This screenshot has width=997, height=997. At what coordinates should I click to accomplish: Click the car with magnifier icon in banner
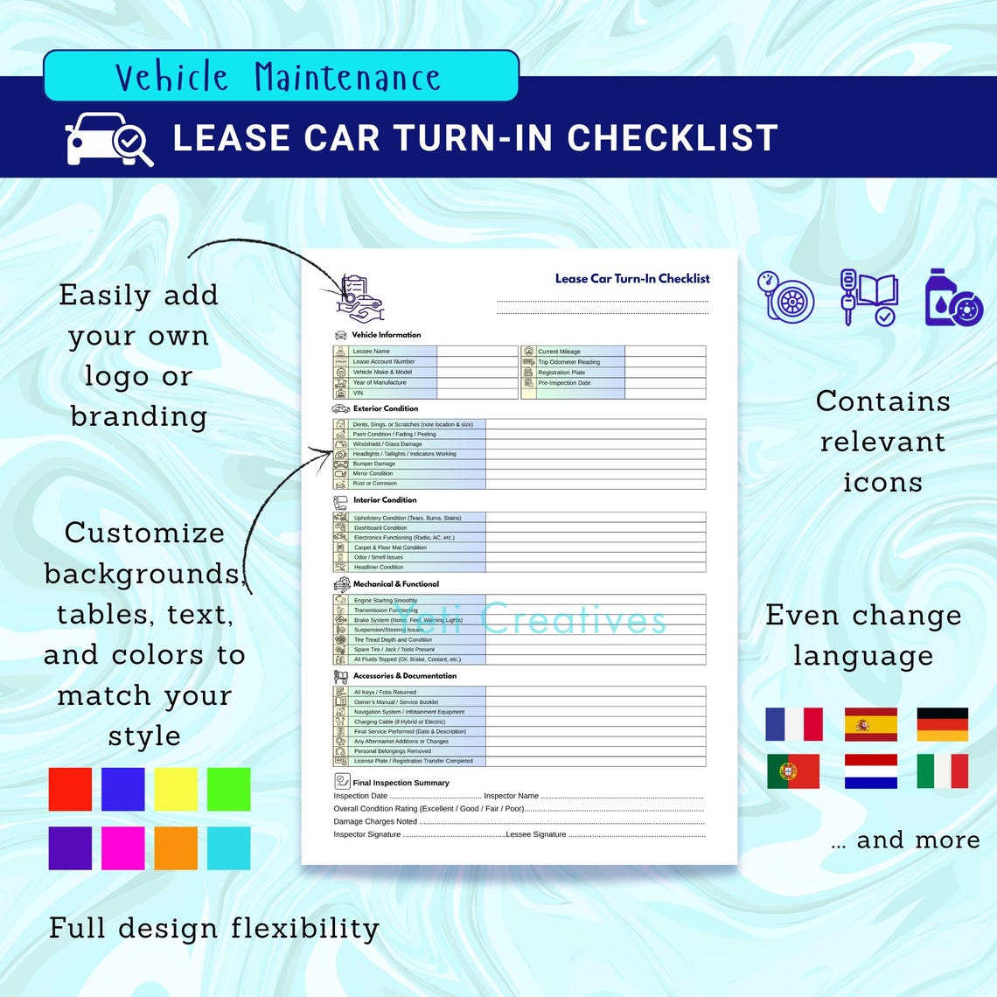[x=108, y=139]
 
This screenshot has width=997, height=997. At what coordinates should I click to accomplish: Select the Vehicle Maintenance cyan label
[x=279, y=77]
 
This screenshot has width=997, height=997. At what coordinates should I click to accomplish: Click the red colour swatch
[x=70, y=789]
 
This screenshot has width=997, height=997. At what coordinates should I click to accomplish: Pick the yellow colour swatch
[x=176, y=789]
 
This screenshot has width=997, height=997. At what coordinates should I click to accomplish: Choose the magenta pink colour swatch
[x=123, y=847]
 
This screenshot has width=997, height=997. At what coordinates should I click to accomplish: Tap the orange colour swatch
[x=176, y=847]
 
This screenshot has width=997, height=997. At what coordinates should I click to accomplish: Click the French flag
[x=793, y=724]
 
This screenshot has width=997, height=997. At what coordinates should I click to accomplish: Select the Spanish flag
[x=870, y=724]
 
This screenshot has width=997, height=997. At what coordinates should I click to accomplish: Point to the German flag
[x=942, y=724]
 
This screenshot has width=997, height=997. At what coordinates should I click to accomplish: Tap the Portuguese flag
[x=793, y=771]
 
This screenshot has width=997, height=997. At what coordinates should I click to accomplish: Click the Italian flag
[x=942, y=771]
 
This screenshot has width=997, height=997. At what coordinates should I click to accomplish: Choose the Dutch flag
[x=870, y=771]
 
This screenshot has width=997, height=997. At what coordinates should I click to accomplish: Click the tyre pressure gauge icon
[x=785, y=296]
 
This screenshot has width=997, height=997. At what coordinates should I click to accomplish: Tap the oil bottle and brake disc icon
[x=953, y=298]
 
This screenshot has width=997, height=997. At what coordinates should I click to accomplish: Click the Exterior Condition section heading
[x=385, y=408]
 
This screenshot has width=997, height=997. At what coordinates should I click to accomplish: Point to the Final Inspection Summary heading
[x=401, y=783]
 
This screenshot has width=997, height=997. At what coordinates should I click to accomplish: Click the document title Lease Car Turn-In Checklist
[x=631, y=278]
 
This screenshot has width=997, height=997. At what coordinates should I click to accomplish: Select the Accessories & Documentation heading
[x=404, y=676]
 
